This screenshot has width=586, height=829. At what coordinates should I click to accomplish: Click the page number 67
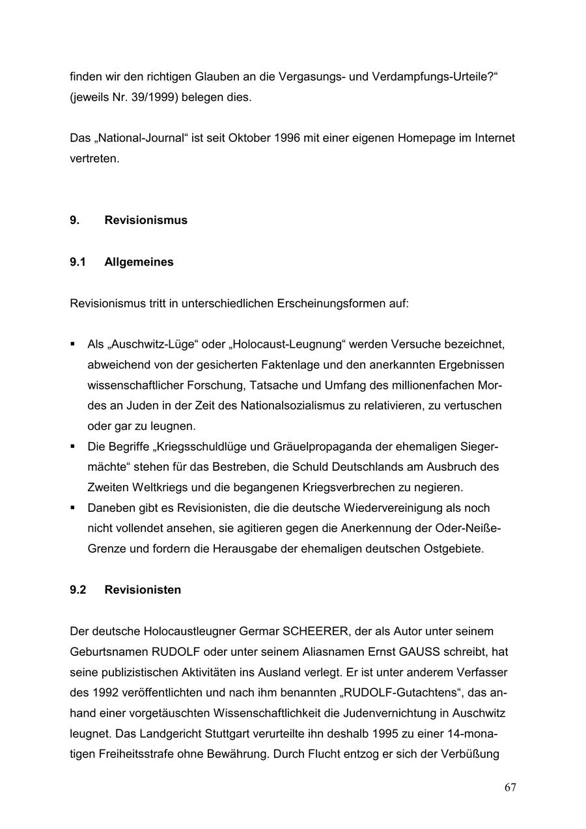(510, 787)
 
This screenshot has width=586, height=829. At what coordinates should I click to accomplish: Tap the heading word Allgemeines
(139, 262)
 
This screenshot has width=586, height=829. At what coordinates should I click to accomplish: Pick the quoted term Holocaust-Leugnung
(288, 344)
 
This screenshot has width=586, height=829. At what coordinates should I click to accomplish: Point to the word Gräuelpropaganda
(331, 447)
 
